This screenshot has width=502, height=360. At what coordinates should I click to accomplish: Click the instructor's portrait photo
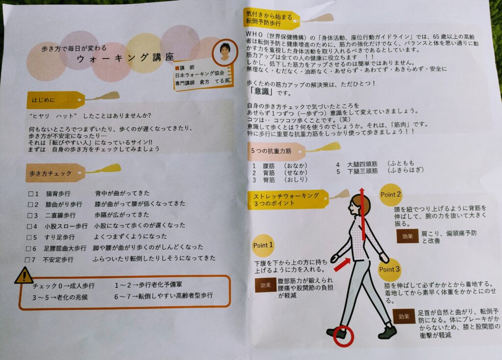tap(226, 51)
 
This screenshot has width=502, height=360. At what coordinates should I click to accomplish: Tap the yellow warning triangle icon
tap(24, 276)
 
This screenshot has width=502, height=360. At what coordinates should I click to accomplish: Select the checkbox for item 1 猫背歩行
tap(31, 193)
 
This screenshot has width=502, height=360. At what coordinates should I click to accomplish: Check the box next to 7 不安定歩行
tap(27, 259)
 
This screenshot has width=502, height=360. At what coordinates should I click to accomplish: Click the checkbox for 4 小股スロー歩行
tap(29, 226)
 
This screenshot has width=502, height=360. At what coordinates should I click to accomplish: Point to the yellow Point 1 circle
tap(263, 245)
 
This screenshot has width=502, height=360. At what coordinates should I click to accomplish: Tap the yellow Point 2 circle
tap(390, 194)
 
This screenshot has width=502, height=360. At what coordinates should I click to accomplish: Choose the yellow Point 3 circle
tap(389, 269)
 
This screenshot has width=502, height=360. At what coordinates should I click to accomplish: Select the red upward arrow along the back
tap(362, 214)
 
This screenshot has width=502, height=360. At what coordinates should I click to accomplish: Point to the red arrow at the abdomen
tap(342, 264)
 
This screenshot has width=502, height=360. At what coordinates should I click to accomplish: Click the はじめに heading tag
tap(55, 100)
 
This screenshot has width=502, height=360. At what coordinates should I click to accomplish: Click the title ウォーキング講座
tap(125, 58)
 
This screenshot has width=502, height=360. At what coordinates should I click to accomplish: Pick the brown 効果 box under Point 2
tap(407, 236)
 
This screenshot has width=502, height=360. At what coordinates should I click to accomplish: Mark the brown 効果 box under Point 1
tap(266, 285)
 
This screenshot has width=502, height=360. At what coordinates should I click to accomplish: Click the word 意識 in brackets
tap(262, 92)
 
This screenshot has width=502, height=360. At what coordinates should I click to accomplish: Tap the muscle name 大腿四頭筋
tap(362, 164)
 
